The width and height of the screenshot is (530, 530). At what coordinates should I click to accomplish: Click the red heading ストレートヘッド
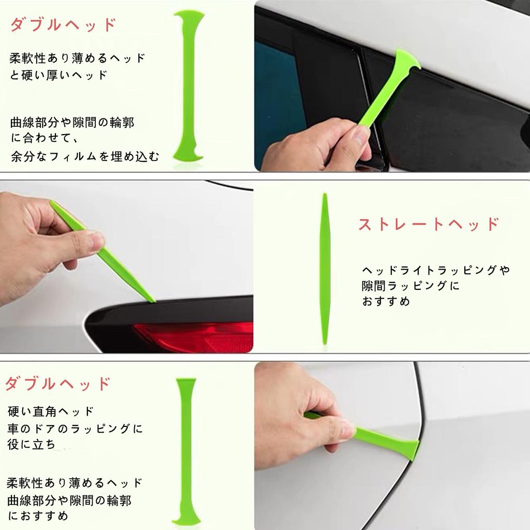pyautogui.click(x=429, y=224)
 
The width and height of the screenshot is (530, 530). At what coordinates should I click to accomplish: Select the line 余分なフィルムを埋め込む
pyautogui.click(x=85, y=156)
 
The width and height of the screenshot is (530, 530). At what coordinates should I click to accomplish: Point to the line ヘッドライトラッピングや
pyautogui.click(x=436, y=270)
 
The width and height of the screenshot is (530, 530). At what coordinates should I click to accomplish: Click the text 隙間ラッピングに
pyautogui.click(x=410, y=285)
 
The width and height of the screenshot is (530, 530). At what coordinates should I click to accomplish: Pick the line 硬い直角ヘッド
pyautogui.click(x=51, y=411)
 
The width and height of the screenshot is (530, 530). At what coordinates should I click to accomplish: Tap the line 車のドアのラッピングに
pyautogui.click(x=75, y=429)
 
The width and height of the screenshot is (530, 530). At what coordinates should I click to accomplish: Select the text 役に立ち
pyautogui.click(x=32, y=445)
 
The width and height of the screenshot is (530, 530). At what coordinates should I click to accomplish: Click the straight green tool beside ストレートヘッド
pyautogui.click(x=325, y=269)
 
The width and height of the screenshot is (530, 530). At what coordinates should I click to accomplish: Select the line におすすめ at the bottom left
pyautogui.click(x=38, y=516)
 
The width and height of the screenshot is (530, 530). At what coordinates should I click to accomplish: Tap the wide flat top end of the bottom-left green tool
pyautogui.click(x=186, y=384)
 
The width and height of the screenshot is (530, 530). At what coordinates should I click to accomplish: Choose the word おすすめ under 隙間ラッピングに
pyautogui.click(x=386, y=301)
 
